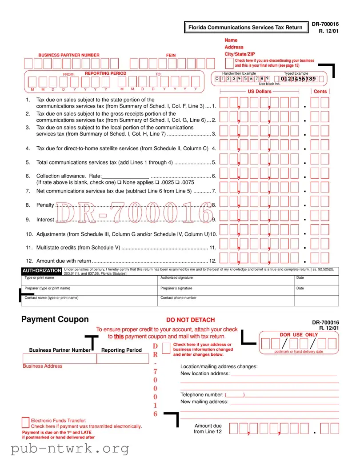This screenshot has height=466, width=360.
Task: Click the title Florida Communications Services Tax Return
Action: [x=245, y=28]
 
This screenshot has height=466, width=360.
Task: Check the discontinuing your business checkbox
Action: [x=230, y=63]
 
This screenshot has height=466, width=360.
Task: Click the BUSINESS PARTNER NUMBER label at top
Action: [x=69, y=55]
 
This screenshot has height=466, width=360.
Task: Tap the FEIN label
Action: [x=171, y=55]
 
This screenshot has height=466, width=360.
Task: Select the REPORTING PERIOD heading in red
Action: [x=105, y=73]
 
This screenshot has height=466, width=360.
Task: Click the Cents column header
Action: [x=320, y=92]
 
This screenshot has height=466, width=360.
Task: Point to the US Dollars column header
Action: [x=259, y=92]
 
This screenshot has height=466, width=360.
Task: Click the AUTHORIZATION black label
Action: [x=42, y=270]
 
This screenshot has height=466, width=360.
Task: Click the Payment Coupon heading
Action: [x=55, y=319]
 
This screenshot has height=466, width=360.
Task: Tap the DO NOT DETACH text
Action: [x=190, y=320]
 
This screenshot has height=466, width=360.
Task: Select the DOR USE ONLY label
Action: [x=299, y=334]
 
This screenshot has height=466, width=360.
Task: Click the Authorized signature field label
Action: [x=176, y=277]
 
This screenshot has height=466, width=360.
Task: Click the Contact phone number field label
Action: [x=178, y=298]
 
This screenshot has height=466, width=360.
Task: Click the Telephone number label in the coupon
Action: [x=202, y=394]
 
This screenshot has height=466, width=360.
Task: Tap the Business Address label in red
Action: [x=43, y=366]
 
